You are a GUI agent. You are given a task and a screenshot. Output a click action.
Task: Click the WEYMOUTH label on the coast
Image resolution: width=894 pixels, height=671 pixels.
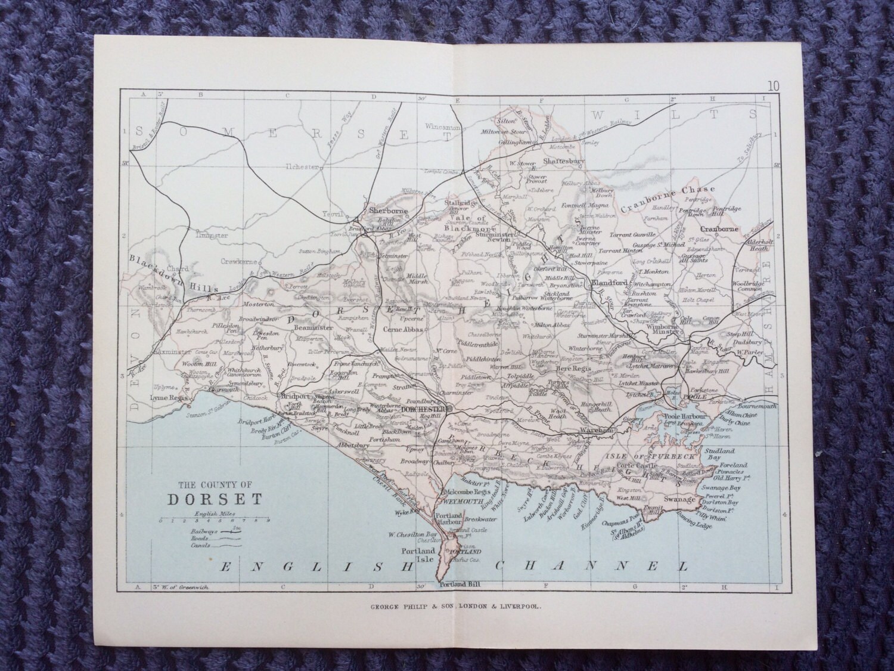tap(460, 502)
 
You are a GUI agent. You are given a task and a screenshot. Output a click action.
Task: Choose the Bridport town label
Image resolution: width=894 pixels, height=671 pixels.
tap(295, 396)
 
